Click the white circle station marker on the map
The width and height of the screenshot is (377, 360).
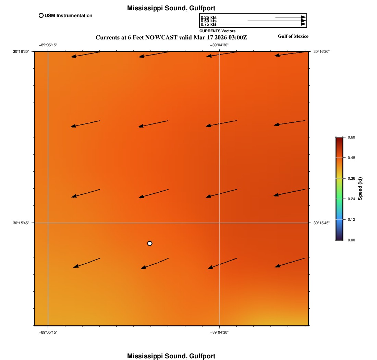[150, 243]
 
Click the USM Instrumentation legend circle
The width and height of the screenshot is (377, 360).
[41, 15]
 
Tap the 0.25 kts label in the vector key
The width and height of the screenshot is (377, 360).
[208, 17]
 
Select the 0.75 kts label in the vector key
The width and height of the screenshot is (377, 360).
[208, 24]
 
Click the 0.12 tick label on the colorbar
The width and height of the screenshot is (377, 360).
[351, 219]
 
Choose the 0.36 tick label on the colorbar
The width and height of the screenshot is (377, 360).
[351, 178]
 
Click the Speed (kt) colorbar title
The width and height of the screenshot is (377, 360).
[360, 189]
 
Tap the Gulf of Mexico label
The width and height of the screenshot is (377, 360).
[293, 36]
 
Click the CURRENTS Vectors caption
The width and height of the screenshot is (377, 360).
[217, 31]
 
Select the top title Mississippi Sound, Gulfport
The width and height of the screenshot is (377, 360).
[171, 8]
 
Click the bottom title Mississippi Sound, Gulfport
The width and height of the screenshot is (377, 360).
[171, 356]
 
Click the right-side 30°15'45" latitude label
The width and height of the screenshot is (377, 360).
[321, 223]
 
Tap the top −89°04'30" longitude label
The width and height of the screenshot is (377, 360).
[219, 45]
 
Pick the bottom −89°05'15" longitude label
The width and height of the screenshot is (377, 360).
[48, 332]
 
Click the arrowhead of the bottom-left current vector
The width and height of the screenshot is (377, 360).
[76, 266]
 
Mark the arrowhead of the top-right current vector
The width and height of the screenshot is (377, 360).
[277, 55]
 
